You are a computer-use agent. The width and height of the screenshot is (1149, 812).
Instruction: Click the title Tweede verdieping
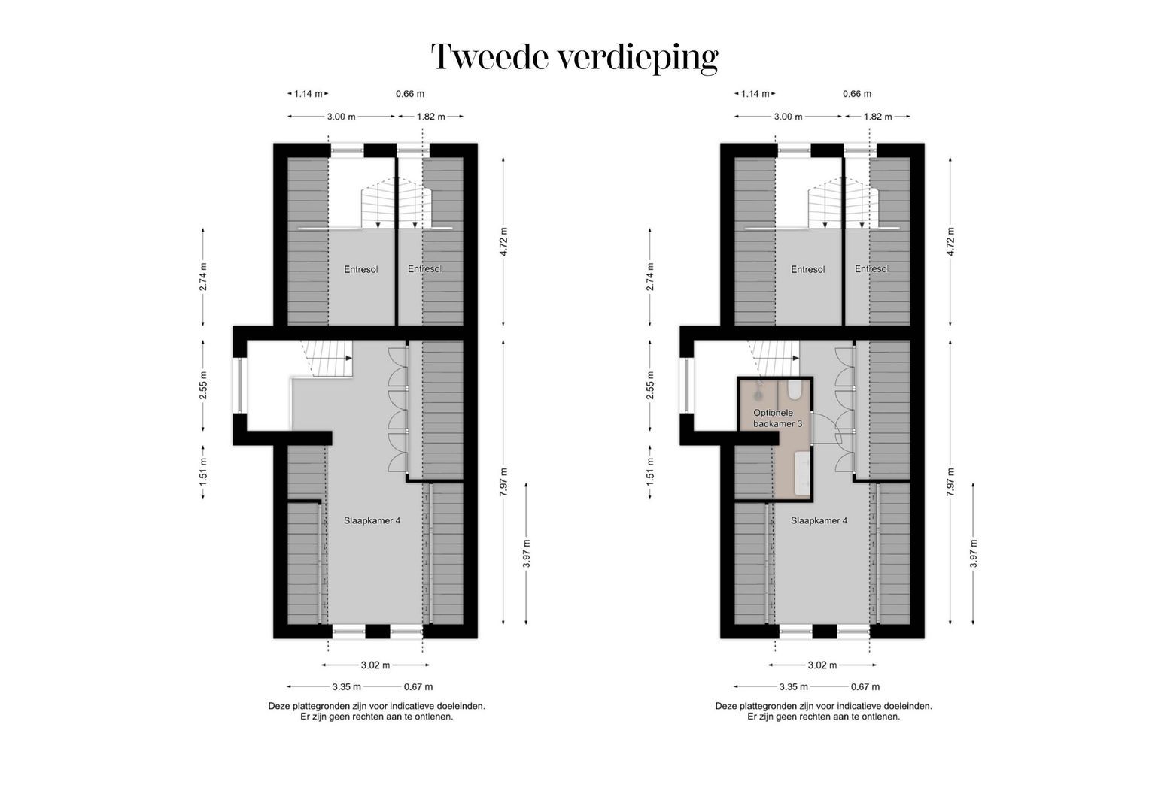pyautogui.click(x=574, y=57)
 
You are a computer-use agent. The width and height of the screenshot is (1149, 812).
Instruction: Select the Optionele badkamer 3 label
pyautogui.click(x=778, y=418)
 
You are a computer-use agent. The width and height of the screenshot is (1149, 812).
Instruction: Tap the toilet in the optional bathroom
pyautogui.click(x=794, y=390)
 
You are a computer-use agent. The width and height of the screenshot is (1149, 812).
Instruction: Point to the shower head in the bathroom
pyautogui.click(x=758, y=392)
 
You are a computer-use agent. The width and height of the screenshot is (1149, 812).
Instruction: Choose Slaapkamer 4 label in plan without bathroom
pyautogui.click(x=372, y=520)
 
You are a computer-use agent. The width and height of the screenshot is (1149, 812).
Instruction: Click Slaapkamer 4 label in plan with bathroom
pyautogui.click(x=819, y=520)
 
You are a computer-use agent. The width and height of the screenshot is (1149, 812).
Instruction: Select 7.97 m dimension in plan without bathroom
pyautogui.click(x=503, y=482)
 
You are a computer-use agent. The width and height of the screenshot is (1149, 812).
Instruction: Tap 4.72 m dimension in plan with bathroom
pyautogui.click(x=950, y=241)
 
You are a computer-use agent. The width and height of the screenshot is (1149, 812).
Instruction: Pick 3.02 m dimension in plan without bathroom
pyautogui.click(x=375, y=665)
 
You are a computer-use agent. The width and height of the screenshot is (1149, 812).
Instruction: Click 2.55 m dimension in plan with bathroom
pyautogui.click(x=649, y=386)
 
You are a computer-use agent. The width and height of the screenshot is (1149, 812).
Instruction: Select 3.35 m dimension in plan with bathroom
pyautogui.click(x=793, y=686)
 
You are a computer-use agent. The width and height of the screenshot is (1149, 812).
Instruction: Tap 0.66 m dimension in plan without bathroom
pyautogui.click(x=410, y=94)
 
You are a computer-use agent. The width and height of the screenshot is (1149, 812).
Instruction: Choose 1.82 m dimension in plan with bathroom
pyautogui.click(x=877, y=117)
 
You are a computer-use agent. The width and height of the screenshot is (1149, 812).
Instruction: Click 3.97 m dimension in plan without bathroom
pyautogui.click(x=526, y=553)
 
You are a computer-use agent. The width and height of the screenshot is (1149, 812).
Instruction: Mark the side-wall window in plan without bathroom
pyautogui.click(x=240, y=386)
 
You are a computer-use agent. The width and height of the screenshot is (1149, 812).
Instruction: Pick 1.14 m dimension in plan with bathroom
pyautogui.click(x=755, y=94)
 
